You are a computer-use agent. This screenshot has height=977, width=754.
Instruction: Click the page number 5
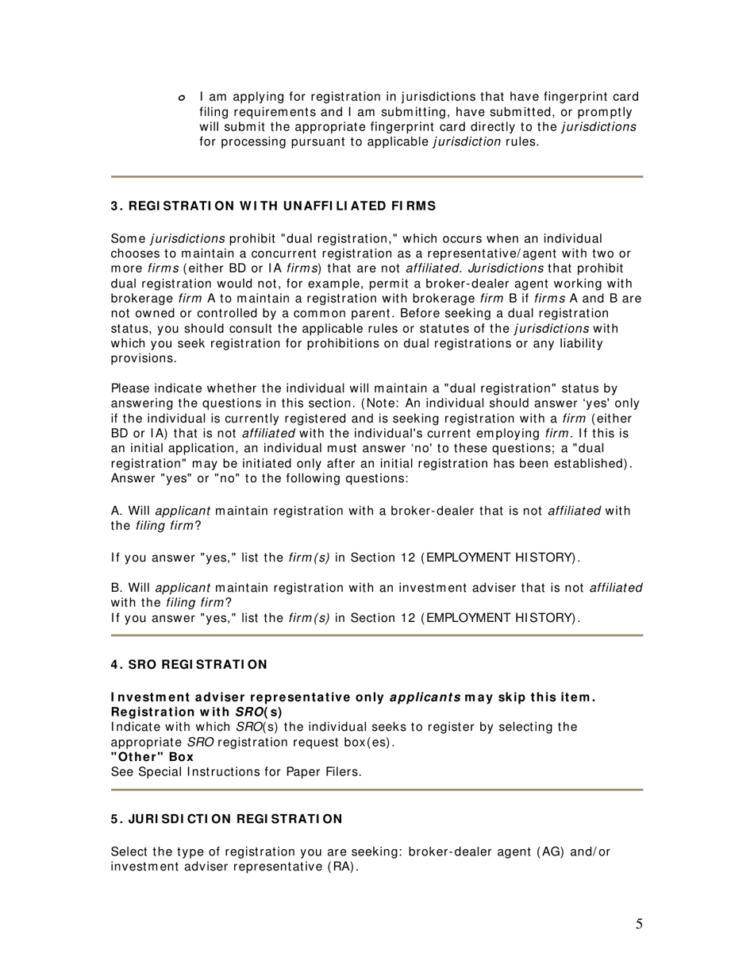point(639,924)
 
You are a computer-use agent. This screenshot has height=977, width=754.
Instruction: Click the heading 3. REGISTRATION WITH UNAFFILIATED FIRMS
point(273,206)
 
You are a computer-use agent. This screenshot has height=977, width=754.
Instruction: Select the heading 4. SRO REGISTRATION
point(189,664)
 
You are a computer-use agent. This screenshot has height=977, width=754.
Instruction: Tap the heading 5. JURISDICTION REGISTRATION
point(226,819)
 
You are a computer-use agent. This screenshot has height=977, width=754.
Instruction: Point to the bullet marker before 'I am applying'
point(182,98)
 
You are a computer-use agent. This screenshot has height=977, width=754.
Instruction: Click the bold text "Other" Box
point(152,757)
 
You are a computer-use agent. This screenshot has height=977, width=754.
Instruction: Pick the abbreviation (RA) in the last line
point(341,867)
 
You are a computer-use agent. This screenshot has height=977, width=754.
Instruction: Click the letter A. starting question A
point(117,511)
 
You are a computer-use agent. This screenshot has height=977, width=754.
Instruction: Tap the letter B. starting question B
point(117,588)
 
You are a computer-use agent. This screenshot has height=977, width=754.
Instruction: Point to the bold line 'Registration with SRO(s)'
point(196,712)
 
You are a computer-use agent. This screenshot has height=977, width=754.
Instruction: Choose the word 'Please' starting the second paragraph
point(129,388)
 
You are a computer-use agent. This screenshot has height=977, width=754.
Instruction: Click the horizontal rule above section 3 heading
point(376,176)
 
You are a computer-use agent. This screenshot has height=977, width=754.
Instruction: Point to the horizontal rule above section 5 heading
point(376,790)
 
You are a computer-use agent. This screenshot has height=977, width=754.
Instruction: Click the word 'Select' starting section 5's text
point(129,851)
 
